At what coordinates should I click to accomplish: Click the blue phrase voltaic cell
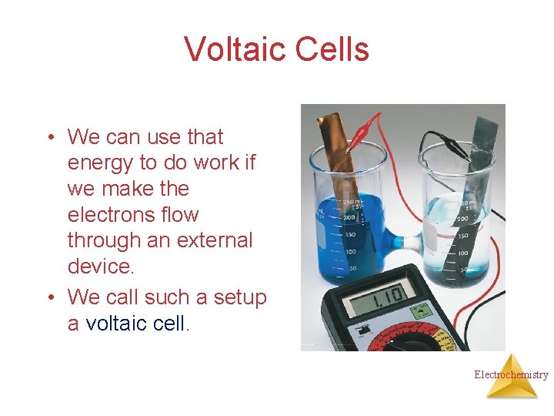(x=135, y=323)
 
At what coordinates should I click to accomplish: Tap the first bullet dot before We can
(x=48, y=138)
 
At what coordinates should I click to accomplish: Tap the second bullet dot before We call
(x=48, y=297)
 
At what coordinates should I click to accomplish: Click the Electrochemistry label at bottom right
(x=511, y=375)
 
